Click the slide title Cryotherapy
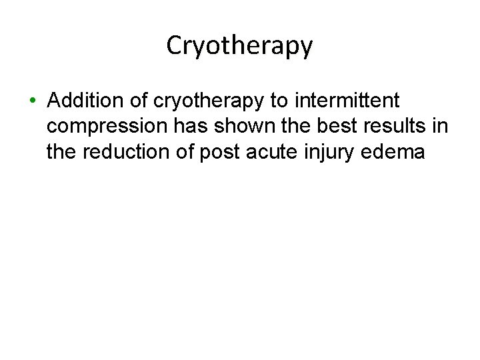coord(239,45)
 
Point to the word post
coord(226,153)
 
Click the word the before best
coord(288,127)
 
